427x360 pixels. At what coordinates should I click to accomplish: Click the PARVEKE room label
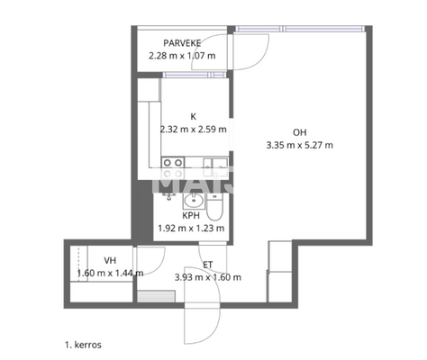click(181, 43)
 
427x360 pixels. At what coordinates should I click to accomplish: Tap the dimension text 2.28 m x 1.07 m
click(183, 56)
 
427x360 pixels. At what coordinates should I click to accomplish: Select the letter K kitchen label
click(192, 116)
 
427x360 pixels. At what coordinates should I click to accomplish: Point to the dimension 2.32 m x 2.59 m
click(193, 129)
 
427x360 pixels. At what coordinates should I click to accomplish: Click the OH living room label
click(299, 131)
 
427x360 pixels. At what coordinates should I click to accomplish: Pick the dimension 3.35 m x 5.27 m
click(300, 144)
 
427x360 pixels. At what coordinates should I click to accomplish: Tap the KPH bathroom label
click(190, 216)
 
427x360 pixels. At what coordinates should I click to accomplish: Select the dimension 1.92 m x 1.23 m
click(190, 228)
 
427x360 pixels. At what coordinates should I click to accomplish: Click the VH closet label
click(110, 261)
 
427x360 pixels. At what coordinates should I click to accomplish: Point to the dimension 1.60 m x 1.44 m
click(110, 273)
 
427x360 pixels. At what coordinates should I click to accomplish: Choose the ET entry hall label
click(207, 264)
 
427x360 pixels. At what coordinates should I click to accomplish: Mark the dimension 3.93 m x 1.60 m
click(207, 276)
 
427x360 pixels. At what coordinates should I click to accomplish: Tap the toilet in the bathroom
click(216, 209)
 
